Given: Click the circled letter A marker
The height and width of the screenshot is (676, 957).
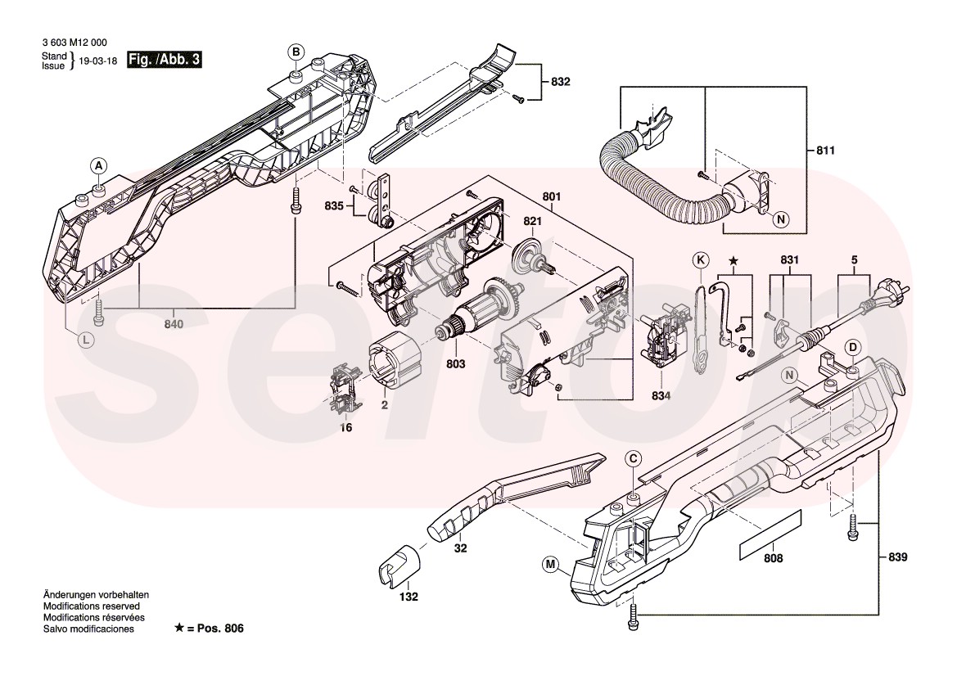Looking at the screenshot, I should coord(97,166).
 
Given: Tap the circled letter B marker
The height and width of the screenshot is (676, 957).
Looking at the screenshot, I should coord(295,52).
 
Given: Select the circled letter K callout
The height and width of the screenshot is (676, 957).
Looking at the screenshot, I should coord(700,260).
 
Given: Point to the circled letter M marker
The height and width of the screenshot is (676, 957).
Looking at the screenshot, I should coord(549,563).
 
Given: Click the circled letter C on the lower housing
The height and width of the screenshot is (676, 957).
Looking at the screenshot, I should coord(634,459).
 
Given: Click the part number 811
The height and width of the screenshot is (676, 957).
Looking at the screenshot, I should coord(827,151).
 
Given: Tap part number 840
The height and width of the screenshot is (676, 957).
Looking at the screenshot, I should coord(174,324).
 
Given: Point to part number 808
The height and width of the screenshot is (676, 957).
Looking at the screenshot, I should coord(772,559).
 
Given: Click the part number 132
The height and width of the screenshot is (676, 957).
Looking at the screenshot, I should coord(407,597).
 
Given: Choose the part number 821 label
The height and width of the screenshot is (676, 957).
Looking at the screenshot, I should coord(533,222).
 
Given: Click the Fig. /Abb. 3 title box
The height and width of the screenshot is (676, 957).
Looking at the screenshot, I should coord(165,60).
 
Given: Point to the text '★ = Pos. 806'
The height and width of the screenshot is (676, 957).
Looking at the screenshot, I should coord(209,629).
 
